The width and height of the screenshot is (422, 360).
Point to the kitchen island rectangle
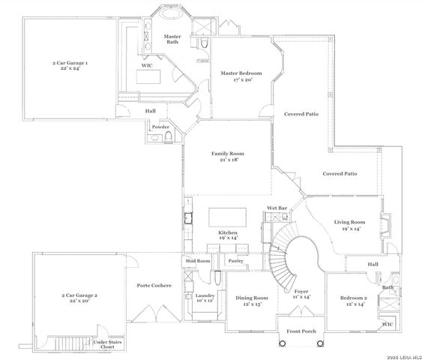click(x=227, y=217)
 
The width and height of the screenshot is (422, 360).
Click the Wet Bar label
click(x=277, y=208)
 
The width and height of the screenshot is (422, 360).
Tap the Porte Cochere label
click(x=154, y=285)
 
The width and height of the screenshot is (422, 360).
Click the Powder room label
click(x=160, y=127)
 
